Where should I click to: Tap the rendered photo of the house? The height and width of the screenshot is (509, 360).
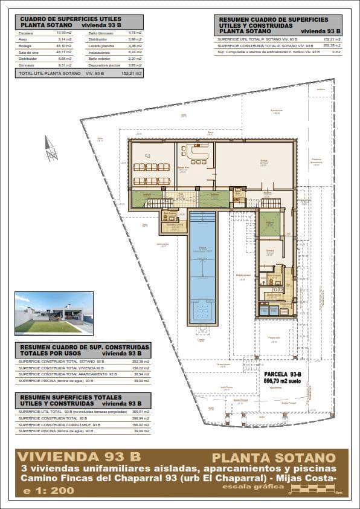[54, 313]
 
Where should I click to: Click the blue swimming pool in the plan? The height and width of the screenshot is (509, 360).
[202, 266]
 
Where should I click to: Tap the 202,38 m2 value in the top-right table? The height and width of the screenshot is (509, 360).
[332, 45]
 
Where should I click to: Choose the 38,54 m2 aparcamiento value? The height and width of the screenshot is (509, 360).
[140, 374]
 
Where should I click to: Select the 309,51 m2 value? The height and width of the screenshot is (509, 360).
[140, 411]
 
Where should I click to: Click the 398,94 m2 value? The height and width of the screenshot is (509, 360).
[140, 418]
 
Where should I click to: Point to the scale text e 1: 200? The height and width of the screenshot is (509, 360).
[48, 490]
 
